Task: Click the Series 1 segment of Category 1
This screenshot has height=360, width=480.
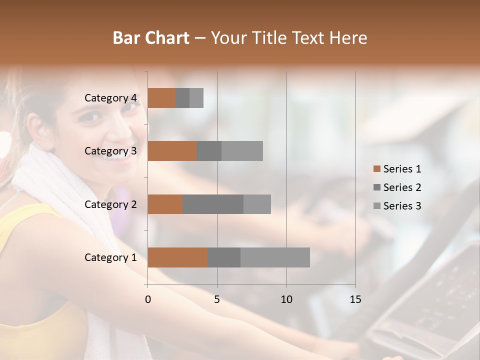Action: tap(177, 257)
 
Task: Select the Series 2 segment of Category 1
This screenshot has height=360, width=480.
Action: tap(224, 257)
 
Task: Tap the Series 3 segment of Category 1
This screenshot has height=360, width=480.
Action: tap(275, 257)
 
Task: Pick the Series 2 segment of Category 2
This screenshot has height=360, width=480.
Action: tap(213, 204)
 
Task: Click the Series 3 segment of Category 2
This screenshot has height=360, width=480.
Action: tap(257, 204)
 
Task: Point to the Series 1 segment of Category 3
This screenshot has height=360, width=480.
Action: tap(172, 151)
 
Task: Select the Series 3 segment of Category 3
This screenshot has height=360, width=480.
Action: tap(242, 151)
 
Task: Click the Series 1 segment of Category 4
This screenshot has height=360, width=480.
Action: tap(161, 98)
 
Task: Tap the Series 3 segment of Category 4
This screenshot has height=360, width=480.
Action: tap(196, 98)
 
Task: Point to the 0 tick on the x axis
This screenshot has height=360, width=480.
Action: tap(148, 299)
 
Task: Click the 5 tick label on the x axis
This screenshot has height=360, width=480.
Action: tap(217, 299)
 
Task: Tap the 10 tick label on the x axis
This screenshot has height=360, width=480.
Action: tap(286, 299)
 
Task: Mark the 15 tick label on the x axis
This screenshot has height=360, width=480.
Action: tap(355, 299)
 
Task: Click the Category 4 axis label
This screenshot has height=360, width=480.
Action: tap(110, 98)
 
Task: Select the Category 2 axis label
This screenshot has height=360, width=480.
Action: tap(110, 204)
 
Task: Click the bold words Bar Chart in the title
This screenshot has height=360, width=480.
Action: tap(151, 38)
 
